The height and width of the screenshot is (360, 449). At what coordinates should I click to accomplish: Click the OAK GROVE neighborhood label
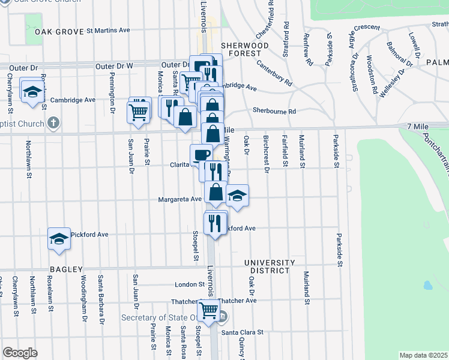[59, 31]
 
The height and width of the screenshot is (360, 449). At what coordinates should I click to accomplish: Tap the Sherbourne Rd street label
[274, 111]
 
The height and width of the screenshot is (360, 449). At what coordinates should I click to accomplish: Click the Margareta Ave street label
[179, 199]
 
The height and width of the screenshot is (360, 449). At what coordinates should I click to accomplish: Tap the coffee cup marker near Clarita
[201, 155]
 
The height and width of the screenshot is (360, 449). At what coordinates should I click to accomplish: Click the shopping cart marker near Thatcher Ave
[208, 310]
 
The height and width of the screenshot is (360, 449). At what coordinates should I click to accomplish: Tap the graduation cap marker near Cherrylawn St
[31, 91]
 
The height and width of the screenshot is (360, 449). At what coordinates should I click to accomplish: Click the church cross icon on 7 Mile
[53, 124]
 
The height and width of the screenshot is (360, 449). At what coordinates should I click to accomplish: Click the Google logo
[20, 353]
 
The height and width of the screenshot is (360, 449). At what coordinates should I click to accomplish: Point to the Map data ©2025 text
[423, 355]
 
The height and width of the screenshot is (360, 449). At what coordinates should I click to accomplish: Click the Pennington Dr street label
[112, 86]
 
